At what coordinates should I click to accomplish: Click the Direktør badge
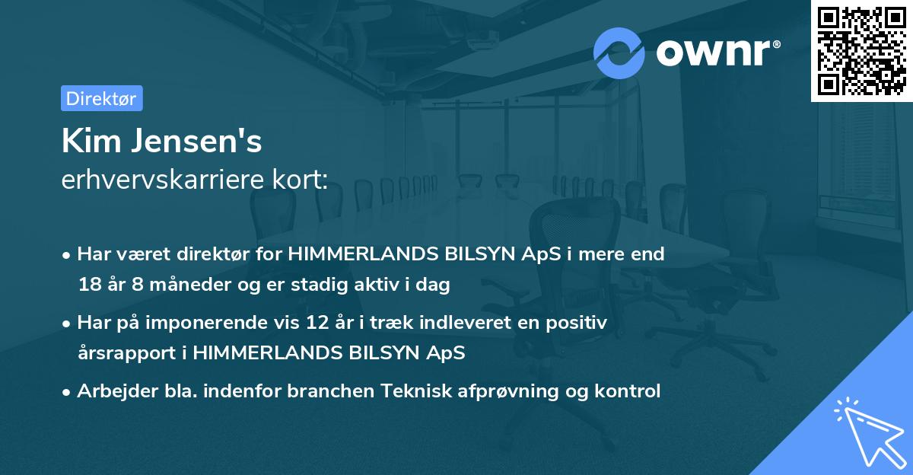(x=101, y=98)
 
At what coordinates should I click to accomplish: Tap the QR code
(x=861, y=50)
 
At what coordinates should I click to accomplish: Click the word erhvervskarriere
(x=158, y=180)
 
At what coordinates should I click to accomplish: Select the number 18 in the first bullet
(x=88, y=285)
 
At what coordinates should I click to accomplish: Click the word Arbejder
(x=113, y=391)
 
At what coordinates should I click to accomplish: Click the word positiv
(x=580, y=323)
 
